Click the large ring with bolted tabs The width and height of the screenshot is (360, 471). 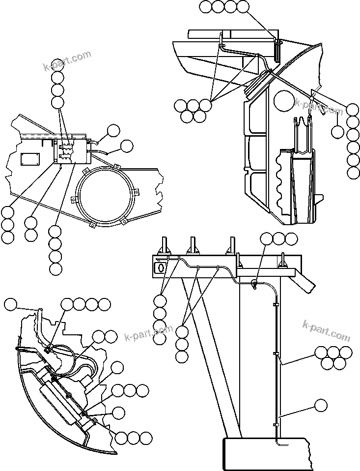point(107,195)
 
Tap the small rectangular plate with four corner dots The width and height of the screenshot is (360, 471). point(31,158)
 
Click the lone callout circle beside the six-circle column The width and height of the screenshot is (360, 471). point(337,131)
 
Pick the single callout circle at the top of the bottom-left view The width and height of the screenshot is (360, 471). point(10,305)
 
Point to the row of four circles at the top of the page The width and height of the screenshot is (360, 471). point(224,7)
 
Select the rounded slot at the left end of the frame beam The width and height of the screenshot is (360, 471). point(160,267)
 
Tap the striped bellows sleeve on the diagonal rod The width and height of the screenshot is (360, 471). point(261,83)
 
